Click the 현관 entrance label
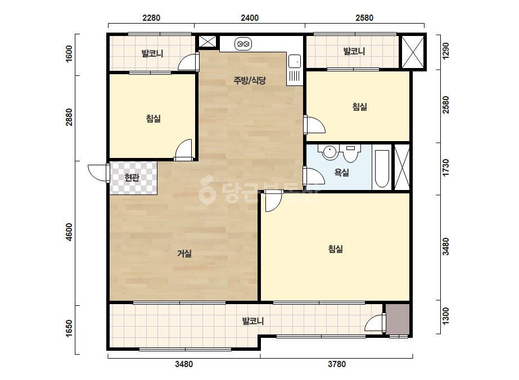click(x=132, y=178)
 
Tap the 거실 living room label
click(x=184, y=254)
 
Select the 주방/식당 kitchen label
click(x=250, y=80)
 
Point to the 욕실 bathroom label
click(x=341, y=172)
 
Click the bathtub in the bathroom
click(x=382, y=169)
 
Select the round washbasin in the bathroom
click(x=330, y=152)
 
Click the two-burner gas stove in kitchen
click(x=243, y=44)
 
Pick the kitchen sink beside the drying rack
click(x=294, y=62)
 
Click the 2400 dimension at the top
click(x=250, y=18)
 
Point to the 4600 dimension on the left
click(x=69, y=232)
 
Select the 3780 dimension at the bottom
click(x=337, y=364)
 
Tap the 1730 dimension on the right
click(x=446, y=168)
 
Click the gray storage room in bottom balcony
click(x=398, y=319)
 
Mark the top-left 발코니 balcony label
click(x=152, y=53)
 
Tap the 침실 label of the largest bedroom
click(x=335, y=249)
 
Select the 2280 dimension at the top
click(x=151, y=18)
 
